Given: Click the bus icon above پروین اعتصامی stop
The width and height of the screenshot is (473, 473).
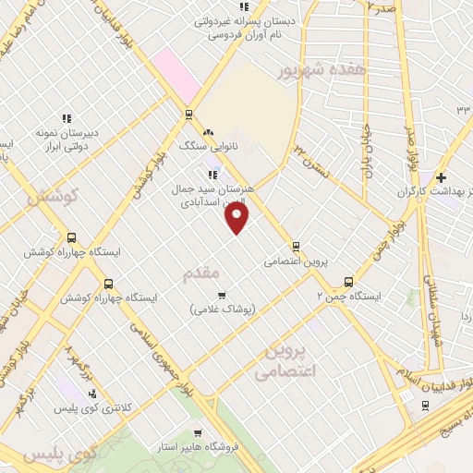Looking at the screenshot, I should pyautogui.click(x=296, y=246).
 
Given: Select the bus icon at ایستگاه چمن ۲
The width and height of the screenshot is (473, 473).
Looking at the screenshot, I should pyautogui.click(x=349, y=282).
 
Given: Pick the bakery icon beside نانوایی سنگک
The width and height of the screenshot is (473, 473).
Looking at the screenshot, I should pyautogui.click(x=209, y=132).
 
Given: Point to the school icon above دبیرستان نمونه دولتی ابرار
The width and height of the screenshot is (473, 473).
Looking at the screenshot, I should pyautogui.click(x=66, y=118).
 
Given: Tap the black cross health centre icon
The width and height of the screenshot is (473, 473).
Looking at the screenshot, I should pyautogui.click(x=442, y=177).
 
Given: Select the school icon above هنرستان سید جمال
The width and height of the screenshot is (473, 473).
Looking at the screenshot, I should pyautogui.click(x=212, y=173).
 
